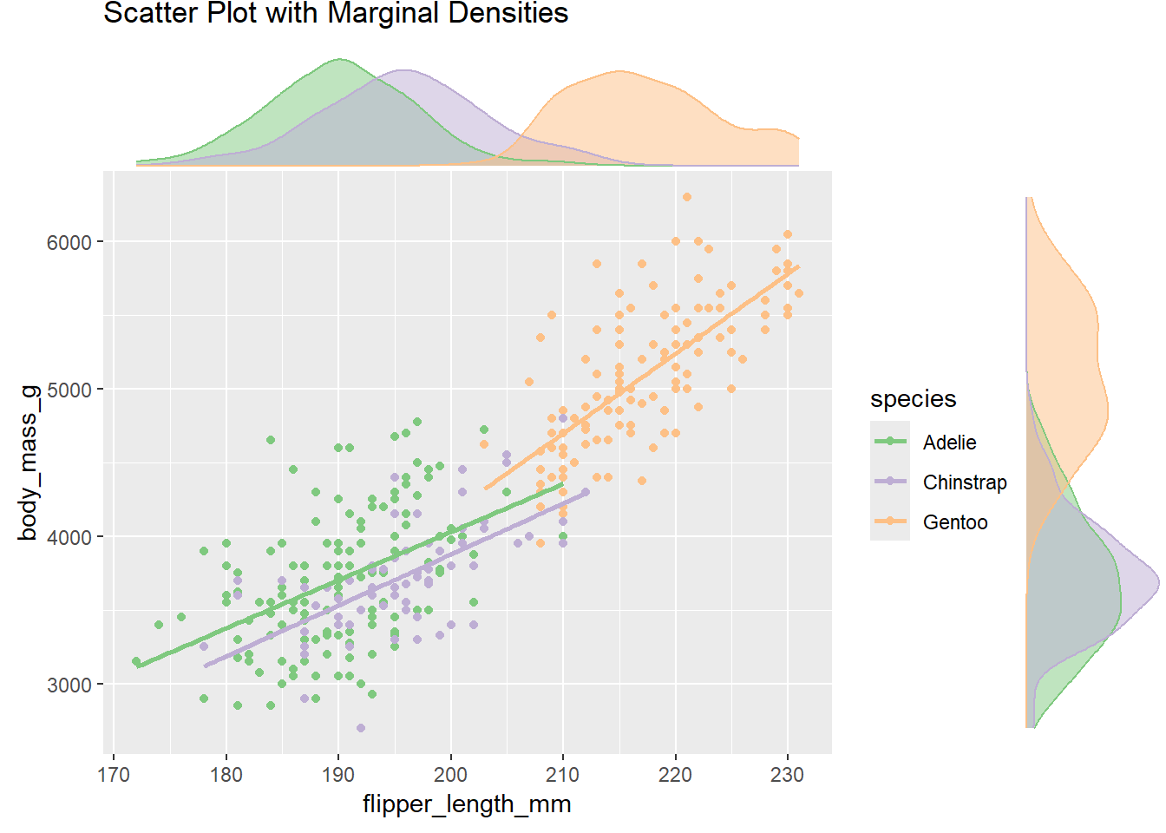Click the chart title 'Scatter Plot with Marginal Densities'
(336, 14)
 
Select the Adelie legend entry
(949, 443)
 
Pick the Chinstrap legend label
(965, 482)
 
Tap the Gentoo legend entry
(954, 522)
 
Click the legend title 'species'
(913, 399)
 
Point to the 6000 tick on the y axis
(69, 242)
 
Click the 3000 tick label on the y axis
(69, 685)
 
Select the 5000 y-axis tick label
(69, 390)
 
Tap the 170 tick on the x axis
(114, 775)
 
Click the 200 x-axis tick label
(450, 775)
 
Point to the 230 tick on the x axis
(787, 775)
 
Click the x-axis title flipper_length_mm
(467, 804)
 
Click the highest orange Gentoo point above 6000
(687, 197)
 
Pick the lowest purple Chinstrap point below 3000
(361, 728)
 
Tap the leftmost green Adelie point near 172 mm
(136, 662)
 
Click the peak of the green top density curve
(340, 60)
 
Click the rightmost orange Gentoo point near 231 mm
(799, 293)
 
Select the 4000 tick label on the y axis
(69, 537)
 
